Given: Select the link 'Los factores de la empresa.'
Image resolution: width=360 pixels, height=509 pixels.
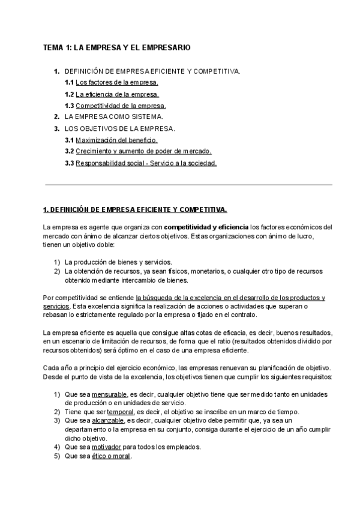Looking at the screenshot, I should pos(117,82).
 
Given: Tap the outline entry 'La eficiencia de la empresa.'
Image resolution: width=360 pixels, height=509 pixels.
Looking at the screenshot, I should pos(118,94).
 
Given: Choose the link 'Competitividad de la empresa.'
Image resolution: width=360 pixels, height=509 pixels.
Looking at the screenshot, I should pos(121,106).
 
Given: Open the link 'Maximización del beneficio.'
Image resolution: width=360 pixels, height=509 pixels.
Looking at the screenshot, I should pos(116,140).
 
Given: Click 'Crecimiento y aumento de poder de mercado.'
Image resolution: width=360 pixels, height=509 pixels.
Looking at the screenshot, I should pos(143,151).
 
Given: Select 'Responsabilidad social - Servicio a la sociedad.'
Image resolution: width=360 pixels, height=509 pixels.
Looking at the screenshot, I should pos(146,163).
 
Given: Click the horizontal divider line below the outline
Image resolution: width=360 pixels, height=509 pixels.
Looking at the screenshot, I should pos(188,185).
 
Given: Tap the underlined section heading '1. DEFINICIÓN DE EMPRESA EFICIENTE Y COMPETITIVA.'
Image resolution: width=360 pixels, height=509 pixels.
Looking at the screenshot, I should pos(135,209).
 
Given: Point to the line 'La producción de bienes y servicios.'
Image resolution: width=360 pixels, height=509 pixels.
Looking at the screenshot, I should pos(118,262).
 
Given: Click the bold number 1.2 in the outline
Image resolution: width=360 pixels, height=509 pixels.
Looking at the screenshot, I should pos(69,94).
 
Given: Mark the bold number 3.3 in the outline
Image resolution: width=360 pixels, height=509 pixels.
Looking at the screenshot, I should pos(69,163).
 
